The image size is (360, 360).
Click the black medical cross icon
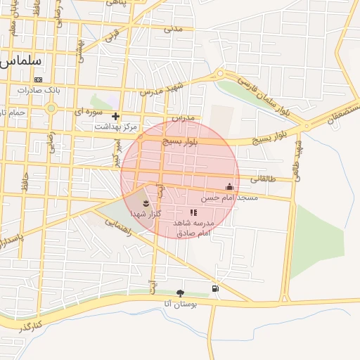(x=116, y=116)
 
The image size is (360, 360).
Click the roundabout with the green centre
(x=51, y=108)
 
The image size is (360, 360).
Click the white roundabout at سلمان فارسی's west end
(x=220, y=75)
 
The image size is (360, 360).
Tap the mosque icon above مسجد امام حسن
(x=229, y=187)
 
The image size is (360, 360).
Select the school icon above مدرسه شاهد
(x=193, y=212)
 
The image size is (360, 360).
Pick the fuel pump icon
(x=214, y=288)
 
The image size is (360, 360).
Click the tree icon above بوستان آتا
(x=181, y=293)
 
